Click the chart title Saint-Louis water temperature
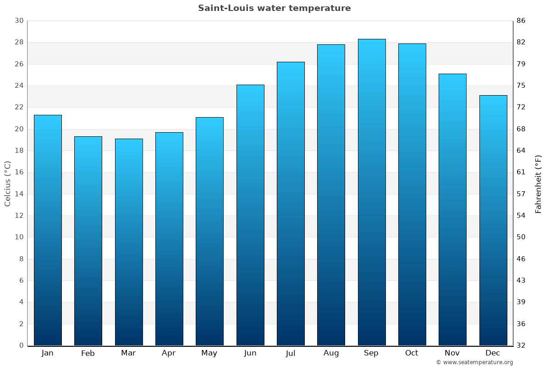click(x=274, y=8)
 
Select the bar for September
click(x=372, y=192)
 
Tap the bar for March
click(x=129, y=242)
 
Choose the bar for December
click(x=493, y=220)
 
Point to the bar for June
click(x=250, y=215)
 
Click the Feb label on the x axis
click(x=88, y=353)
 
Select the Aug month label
click(x=331, y=353)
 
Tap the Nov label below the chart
click(x=452, y=353)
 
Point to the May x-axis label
click(x=209, y=353)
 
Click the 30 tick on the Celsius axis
click(x=19, y=21)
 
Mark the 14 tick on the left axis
click(x=19, y=194)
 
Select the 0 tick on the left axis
click(x=21, y=345)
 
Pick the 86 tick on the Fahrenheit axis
click(x=521, y=21)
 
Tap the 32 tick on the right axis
click(x=521, y=345)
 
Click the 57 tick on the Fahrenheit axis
click(x=521, y=194)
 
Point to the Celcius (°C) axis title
click(x=8, y=183)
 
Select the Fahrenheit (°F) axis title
click(x=539, y=183)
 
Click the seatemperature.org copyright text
click(x=474, y=362)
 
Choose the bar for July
click(x=291, y=204)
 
